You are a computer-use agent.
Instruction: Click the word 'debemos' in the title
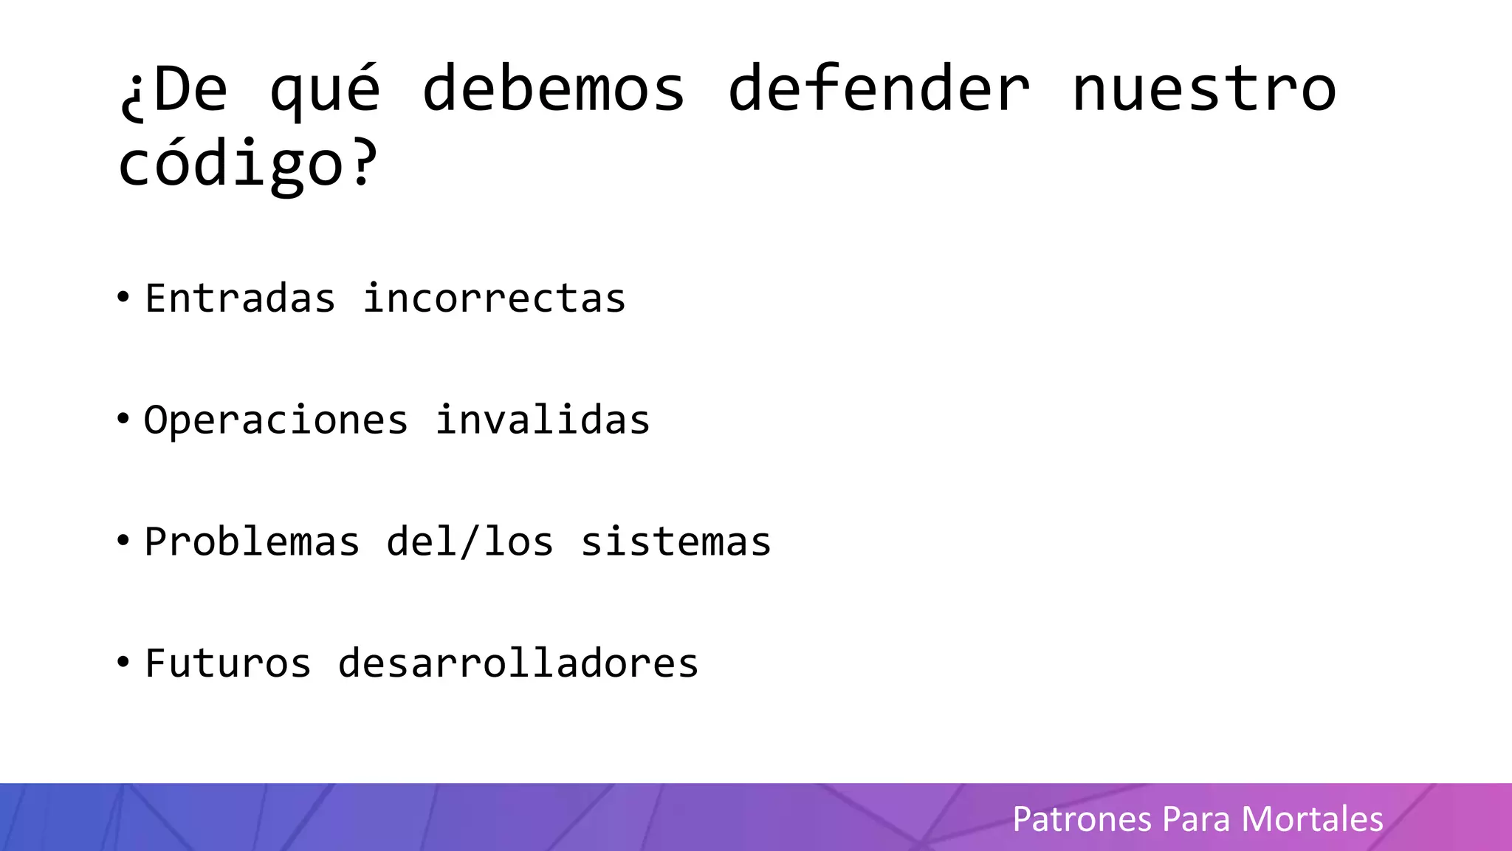coord(554,89)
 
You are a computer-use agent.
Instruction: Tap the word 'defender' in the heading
coord(879,89)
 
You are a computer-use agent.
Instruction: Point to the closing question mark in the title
coord(362,161)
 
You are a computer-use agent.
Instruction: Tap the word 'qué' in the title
coord(325,90)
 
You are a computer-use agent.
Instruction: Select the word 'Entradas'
coord(240,298)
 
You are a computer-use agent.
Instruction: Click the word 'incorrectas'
coord(494,298)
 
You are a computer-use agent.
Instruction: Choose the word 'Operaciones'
coord(275,420)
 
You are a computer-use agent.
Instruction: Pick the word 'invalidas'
coord(542,420)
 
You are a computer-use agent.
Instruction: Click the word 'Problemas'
coord(252,541)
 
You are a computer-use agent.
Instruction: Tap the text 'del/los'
coord(470,541)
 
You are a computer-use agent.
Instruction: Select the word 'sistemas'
coord(676,541)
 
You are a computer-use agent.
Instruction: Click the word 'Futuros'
coord(227,663)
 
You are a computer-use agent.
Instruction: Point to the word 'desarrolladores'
coord(518,663)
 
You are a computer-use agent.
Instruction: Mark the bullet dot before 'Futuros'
coord(123,662)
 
